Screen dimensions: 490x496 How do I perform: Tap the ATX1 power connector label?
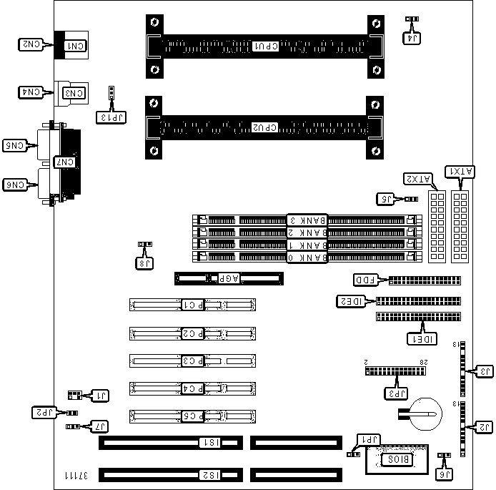click(459, 171)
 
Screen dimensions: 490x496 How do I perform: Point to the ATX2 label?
click(417, 178)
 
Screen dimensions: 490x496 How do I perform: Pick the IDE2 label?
click(352, 301)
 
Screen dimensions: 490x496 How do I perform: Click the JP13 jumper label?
click(113, 115)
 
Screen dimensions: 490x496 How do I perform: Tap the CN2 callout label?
click(30, 45)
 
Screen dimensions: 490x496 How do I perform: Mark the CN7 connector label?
click(64, 162)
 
